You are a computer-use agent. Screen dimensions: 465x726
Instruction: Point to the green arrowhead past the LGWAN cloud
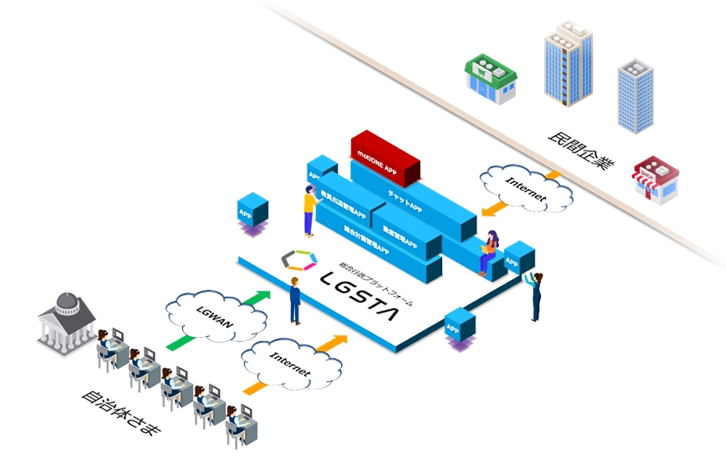point(262,296)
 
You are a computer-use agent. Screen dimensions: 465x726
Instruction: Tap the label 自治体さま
point(121,413)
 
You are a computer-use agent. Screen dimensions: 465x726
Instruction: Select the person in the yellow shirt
point(310,210)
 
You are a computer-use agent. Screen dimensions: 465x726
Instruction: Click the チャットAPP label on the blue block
point(405,201)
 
